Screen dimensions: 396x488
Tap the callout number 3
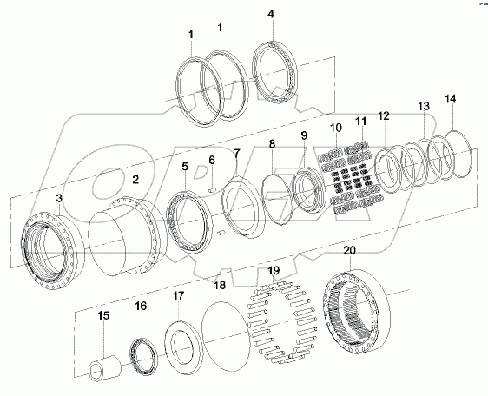(x=59, y=200)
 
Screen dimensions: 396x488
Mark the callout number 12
(x=383, y=115)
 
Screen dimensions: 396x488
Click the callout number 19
(x=273, y=271)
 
